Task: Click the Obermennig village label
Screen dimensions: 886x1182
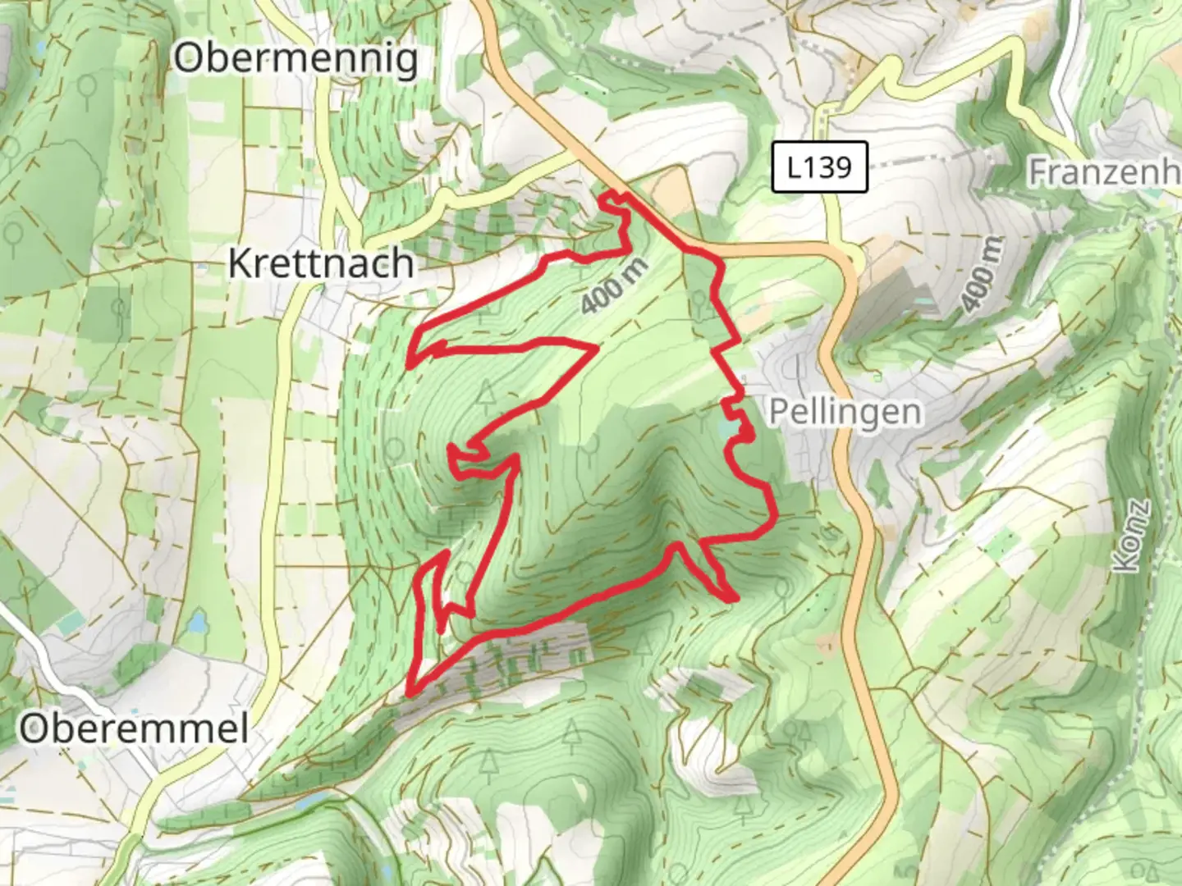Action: point(295,59)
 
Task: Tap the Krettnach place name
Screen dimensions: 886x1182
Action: point(320,264)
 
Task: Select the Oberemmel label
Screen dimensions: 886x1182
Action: point(134,728)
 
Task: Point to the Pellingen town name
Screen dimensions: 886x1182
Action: point(845,412)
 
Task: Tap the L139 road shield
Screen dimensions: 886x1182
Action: point(819,167)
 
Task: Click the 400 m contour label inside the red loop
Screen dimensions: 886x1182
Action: point(614,286)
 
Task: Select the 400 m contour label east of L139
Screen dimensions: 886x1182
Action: point(982,275)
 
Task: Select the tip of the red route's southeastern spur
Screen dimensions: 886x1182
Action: point(731,599)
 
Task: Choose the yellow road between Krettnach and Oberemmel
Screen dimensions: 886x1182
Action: point(279,492)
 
